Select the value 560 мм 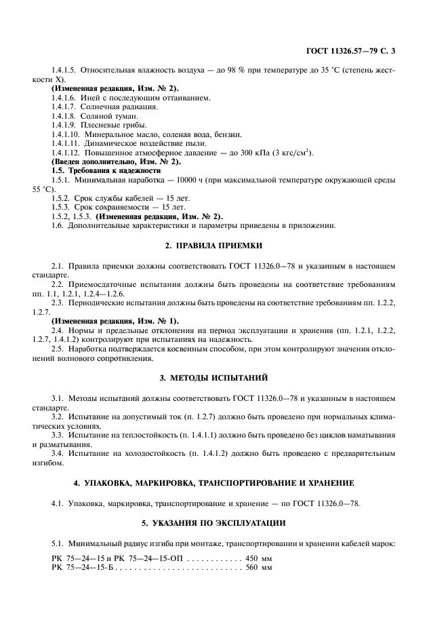(258, 566)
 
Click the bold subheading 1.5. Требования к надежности (106, 171)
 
